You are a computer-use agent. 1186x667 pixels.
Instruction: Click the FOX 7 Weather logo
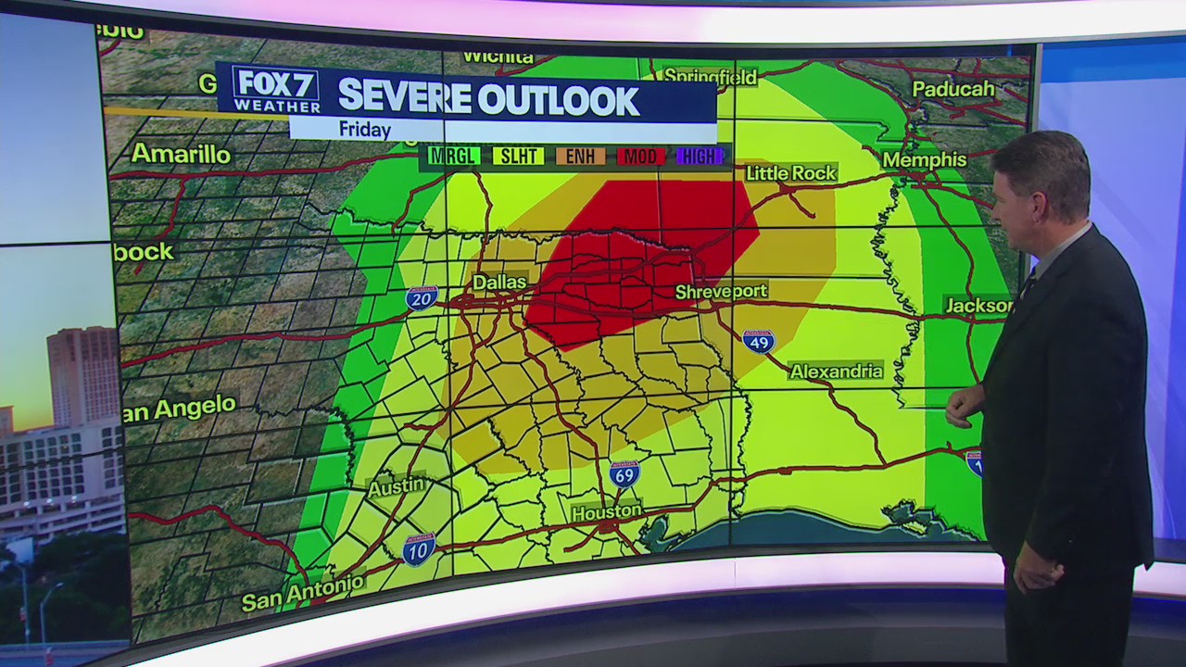pyautogui.click(x=276, y=91)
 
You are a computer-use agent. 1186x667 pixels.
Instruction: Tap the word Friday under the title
pyautogui.click(x=364, y=130)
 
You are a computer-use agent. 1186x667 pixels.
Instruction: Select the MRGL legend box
pyautogui.click(x=454, y=156)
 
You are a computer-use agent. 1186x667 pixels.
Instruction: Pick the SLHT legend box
pyautogui.click(x=517, y=156)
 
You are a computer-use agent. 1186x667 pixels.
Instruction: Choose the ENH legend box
pyautogui.click(x=580, y=156)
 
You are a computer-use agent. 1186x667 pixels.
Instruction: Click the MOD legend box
pyautogui.click(x=640, y=156)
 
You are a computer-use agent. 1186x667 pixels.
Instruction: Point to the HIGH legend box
pyautogui.click(x=699, y=156)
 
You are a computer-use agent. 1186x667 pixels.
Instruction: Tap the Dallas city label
pyautogui.click(x=499, y=282)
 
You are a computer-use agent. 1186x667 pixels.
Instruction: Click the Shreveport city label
pyautogui.click(x=721, y=292)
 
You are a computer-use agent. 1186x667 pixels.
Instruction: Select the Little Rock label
pyautogui.click(x=790, y=173)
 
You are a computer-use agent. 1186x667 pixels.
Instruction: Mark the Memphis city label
pyautogui.click(x=924, y=159)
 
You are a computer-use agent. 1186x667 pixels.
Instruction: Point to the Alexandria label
pyautogui.click(x=836, y=371)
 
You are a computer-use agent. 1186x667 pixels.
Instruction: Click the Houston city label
pyautogui.click(x=606, y=511)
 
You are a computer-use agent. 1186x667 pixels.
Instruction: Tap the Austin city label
pyautogui.click(x=397, y=486)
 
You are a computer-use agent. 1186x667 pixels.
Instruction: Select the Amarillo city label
pyautogui.click(x=181, y=154)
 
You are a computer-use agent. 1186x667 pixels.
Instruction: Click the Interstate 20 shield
pyautogui.click(x=422, y=297)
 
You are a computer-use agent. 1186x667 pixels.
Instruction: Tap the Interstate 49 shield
pyautogui.click(x=758, y=341)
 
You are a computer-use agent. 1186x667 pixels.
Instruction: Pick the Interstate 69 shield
pyautogui.click(x=625, y=474)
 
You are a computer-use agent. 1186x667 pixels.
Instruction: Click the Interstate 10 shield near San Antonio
pyautogui.click(x=419, y=549)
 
